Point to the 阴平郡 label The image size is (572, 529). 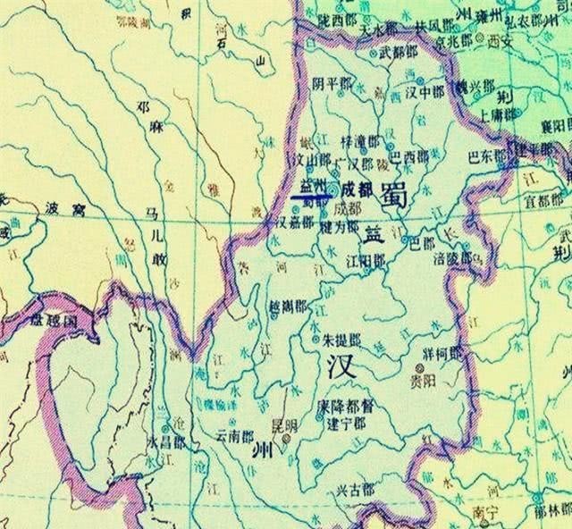pos(331,84)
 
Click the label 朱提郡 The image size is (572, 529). pos(343,341)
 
